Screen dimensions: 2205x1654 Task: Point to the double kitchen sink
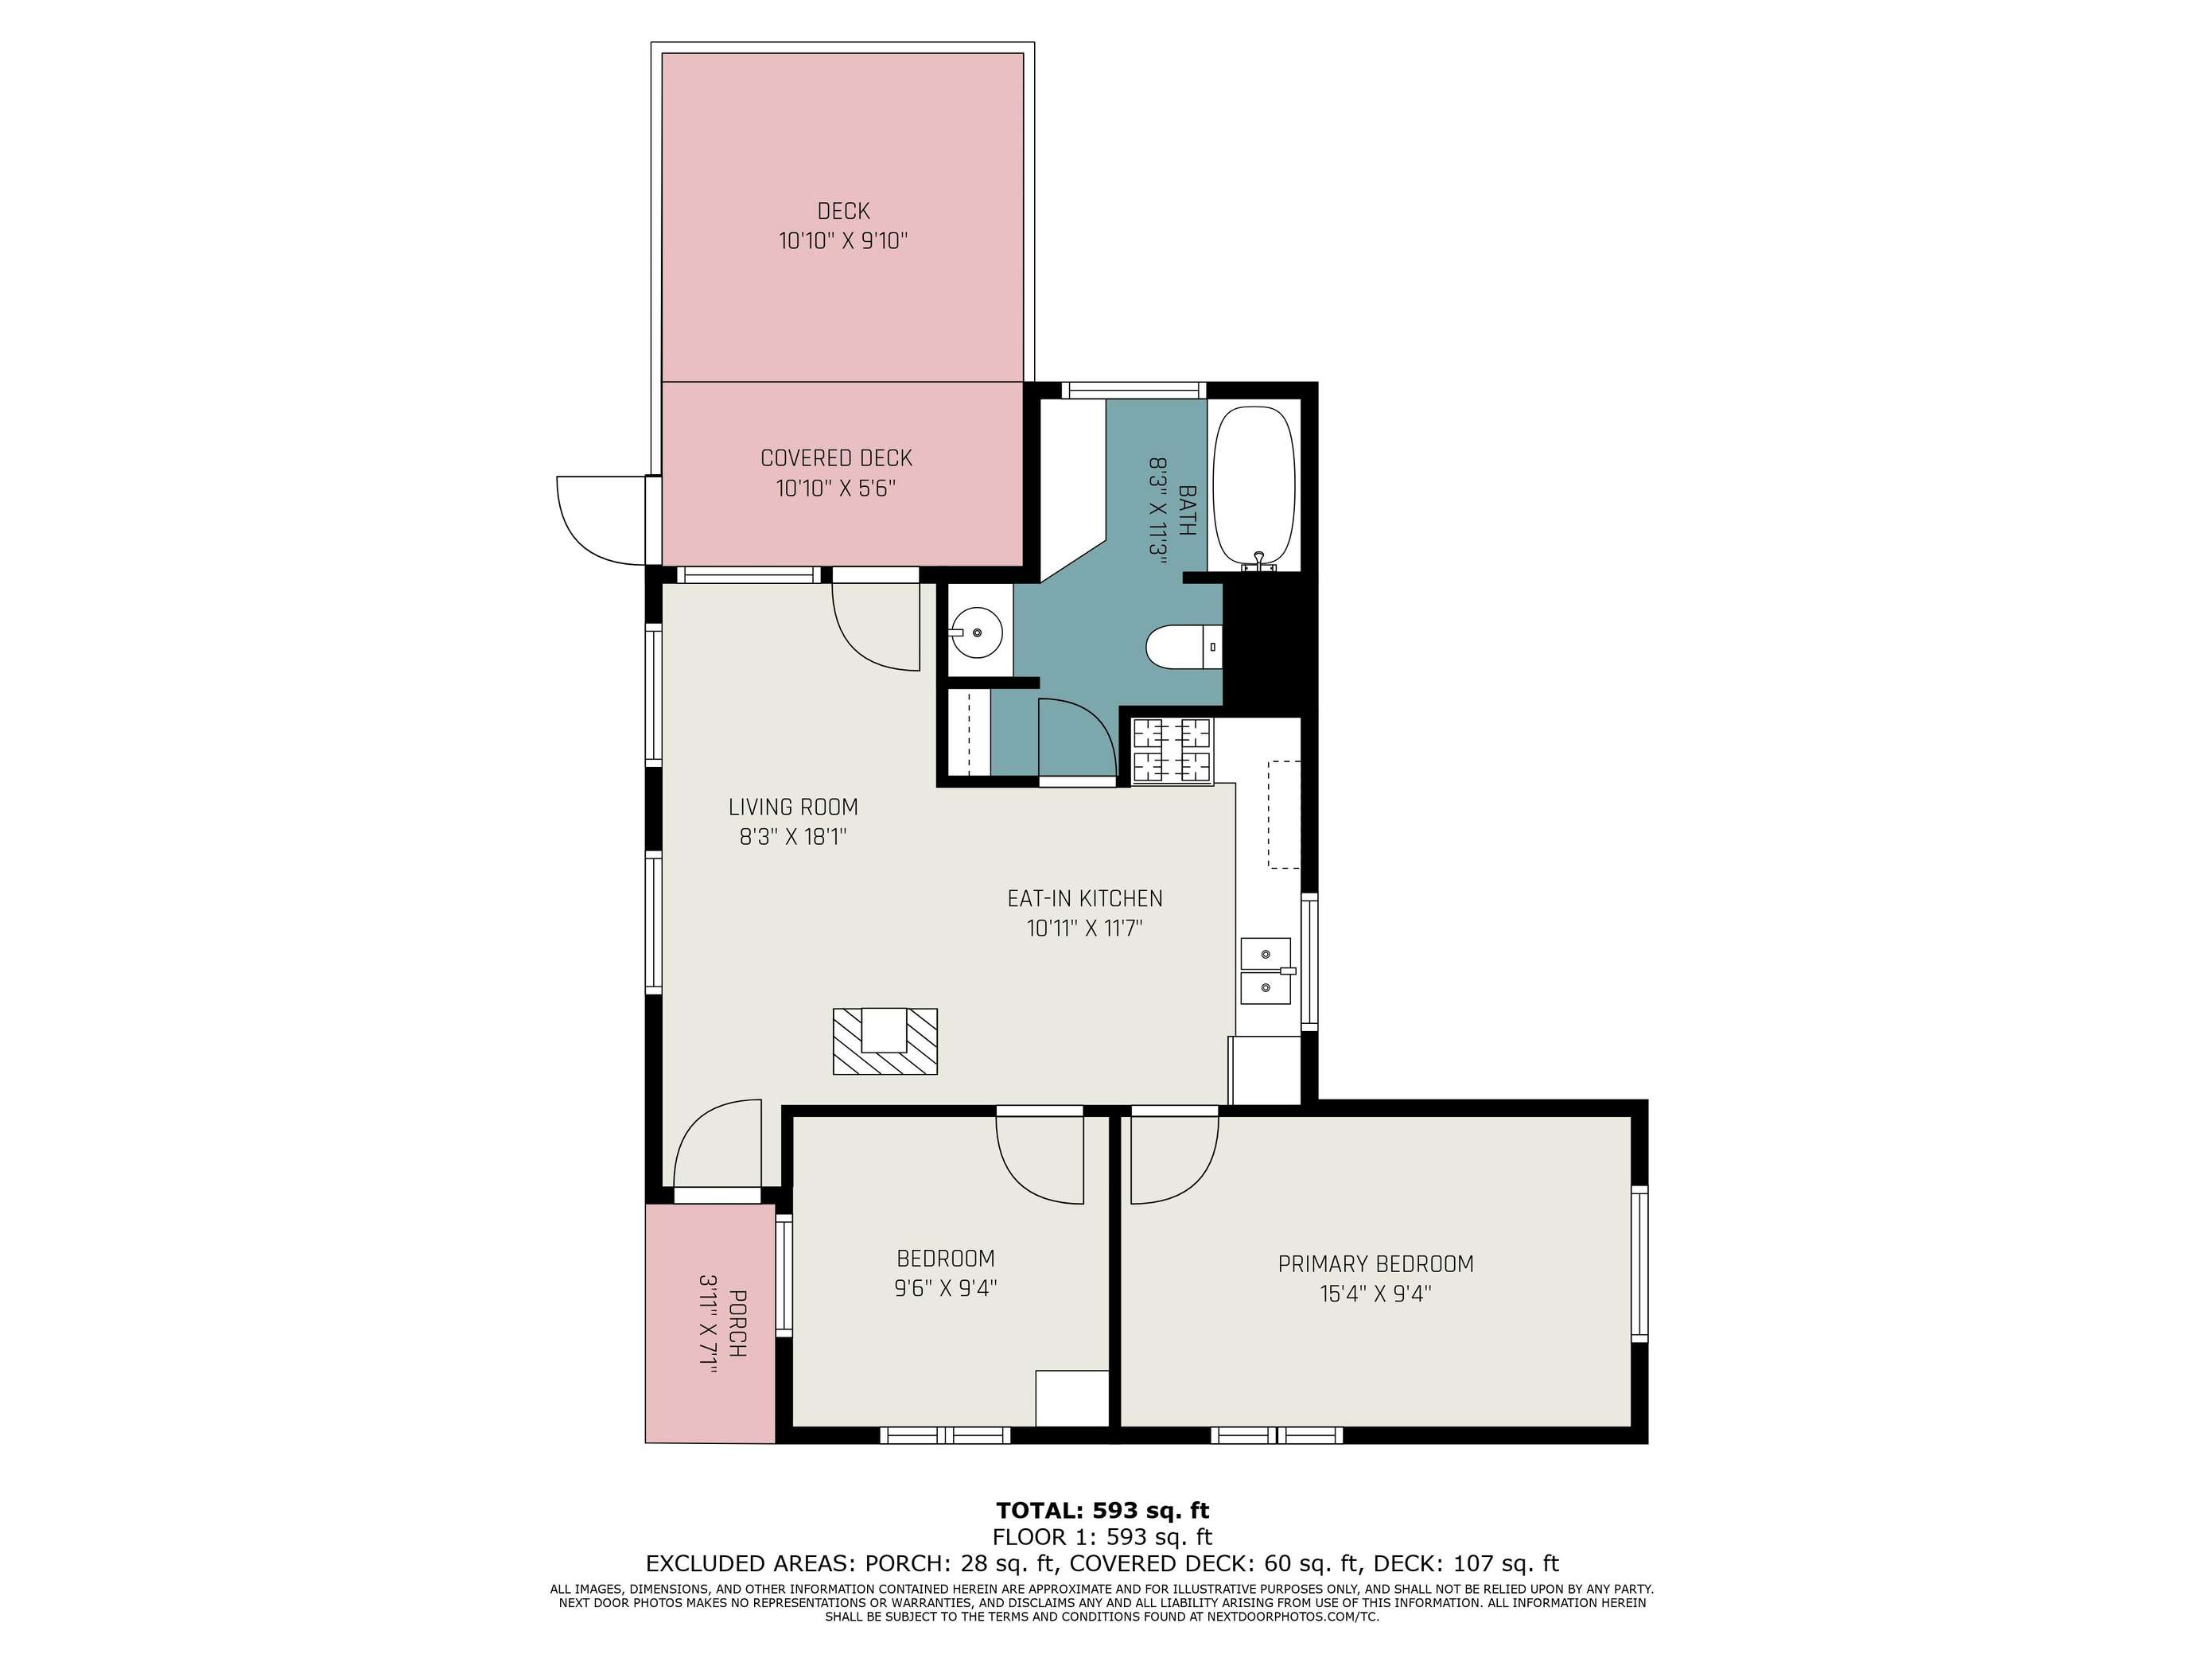1266,971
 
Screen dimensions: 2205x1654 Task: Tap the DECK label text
843,212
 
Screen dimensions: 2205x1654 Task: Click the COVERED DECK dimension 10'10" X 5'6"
836,488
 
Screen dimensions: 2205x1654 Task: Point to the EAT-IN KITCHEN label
1084,898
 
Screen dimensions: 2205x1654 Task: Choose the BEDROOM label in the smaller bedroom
945,1258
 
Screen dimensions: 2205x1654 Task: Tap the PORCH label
737,1323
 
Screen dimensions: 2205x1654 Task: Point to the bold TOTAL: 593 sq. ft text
1102,1511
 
